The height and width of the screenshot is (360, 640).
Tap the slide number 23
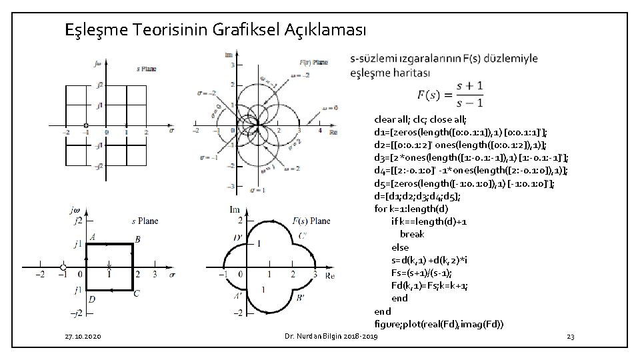[570, 339]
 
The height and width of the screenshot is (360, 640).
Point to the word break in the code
[412, 234]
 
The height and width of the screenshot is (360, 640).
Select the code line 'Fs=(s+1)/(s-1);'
[421, 272]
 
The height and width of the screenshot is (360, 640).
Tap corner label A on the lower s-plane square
[91, 237]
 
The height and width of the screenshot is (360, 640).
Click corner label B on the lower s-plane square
[137, 239]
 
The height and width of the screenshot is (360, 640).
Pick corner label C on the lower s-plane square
[137, 293]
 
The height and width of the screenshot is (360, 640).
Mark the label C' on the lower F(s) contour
[303, 236]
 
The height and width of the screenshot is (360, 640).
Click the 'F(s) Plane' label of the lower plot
[311, 221]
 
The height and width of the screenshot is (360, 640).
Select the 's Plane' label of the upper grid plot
[147, 69]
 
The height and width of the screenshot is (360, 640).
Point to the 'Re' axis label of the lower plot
[329, 276]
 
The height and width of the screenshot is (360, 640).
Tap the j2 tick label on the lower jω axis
[78, 221]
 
